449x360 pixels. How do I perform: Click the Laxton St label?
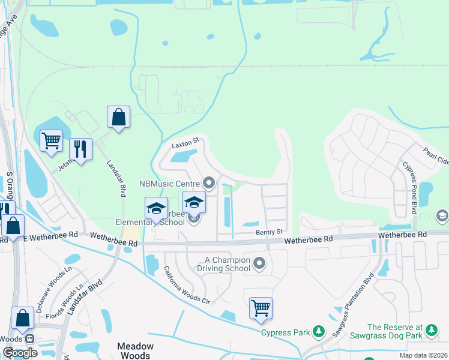[185, 145]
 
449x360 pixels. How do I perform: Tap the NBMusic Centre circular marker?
[209, 182]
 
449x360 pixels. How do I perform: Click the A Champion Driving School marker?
[259, 262]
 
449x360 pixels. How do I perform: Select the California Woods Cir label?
[187, 285]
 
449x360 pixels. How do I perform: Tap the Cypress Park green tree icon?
[320, 331]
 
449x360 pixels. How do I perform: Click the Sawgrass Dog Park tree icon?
[430, 329]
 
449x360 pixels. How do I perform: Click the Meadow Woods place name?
[135, 350]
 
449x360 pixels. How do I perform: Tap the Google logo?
[20, 352]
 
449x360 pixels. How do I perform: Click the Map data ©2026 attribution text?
[424, 355]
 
